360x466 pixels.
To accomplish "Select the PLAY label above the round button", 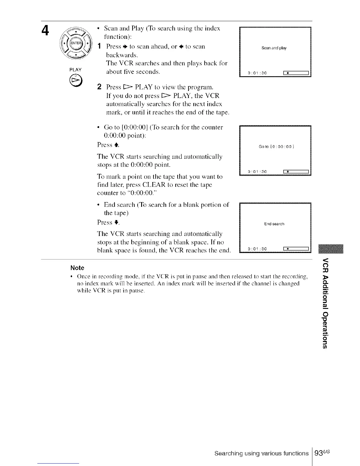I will pyautogui.click(x=75, y=70).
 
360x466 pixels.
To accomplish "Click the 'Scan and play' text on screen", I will pyautogui.click(x=274, y=48).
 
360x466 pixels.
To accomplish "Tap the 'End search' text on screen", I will pyautogui.click(x=274, y=224).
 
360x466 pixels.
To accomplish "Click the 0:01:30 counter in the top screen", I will pyautogui.click(x=257, y=73).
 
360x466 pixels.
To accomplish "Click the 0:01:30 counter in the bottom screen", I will pyautogui.click(x=257, y=249).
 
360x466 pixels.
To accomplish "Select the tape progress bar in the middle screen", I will pyautogui.click(x=295, y=172).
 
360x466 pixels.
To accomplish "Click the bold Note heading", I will pyautogui.click(x=77, y=268).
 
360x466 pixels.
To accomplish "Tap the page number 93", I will pyautogui.click(x=319, y=453).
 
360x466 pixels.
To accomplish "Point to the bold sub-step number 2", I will pyautogui.click(x=99, y=87).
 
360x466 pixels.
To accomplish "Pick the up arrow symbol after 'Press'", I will pyautogui.click(x=116, y=145).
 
